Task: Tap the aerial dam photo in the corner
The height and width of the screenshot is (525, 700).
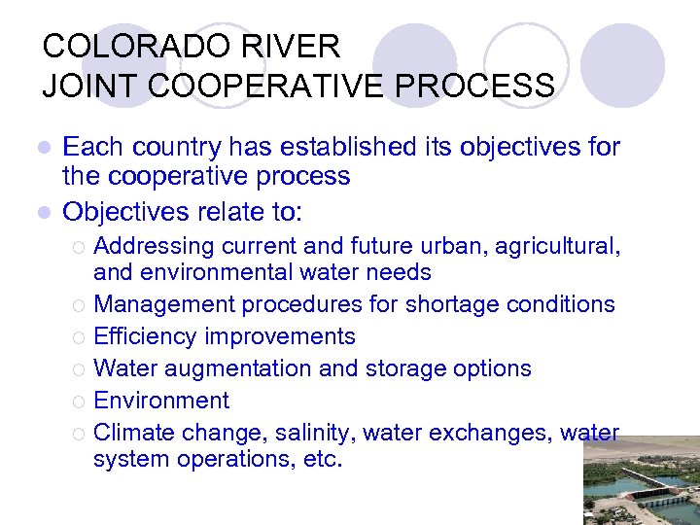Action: point(641,481)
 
